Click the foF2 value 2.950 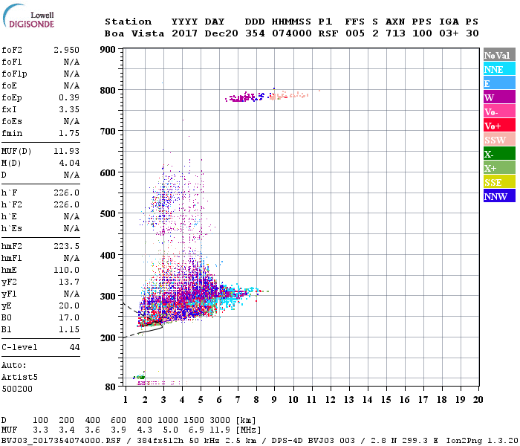tap(67, 49)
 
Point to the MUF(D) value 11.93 tap(67, 150)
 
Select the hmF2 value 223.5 tap(67, 254)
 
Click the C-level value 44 tap(74, 347)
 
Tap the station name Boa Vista tap(129, 33)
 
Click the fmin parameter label tap(13, 133)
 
